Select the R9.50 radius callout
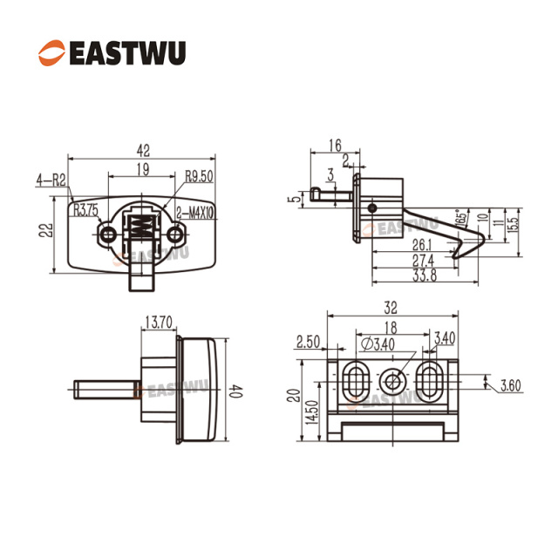[x=200, y=176]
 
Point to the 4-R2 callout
[x=53, y=181]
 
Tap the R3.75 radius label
[x=86, y=209]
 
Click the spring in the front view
[x=139, y=234]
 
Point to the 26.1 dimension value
[x=423, y=244]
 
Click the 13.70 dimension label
[x=159, y=322]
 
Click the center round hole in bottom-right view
[x=392, y=381]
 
